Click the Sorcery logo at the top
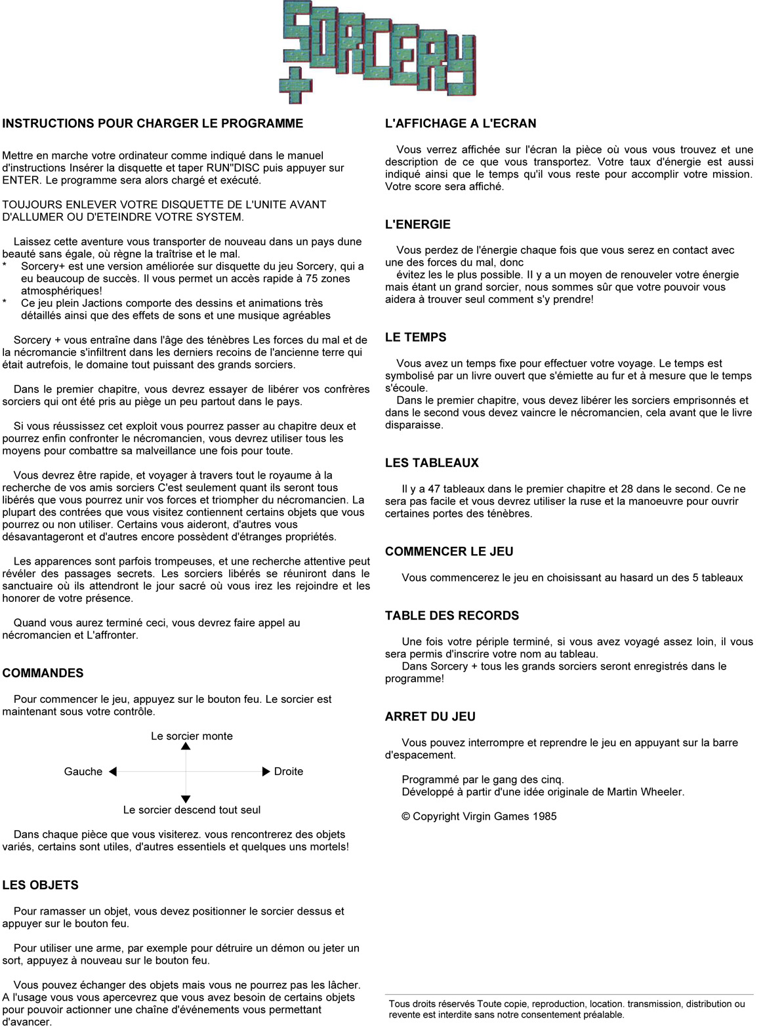point(379,49)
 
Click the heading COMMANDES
point(43,673)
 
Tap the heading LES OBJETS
point(41,885)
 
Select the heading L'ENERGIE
point(418,224)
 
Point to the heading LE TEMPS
point(416,338)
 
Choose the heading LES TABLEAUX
point(432,463)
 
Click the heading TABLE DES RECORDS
point(452,616)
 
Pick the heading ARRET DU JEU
point(430,717)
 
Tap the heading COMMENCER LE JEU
point(449,552)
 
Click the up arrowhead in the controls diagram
point(186,746)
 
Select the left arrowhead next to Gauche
point(112,772)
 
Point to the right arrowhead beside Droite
point(266,772)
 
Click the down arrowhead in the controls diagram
point(186,799)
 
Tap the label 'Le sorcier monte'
point(192,736)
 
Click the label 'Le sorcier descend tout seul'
point(192,810)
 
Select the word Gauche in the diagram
point(83,772)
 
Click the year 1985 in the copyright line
point(545,817)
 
